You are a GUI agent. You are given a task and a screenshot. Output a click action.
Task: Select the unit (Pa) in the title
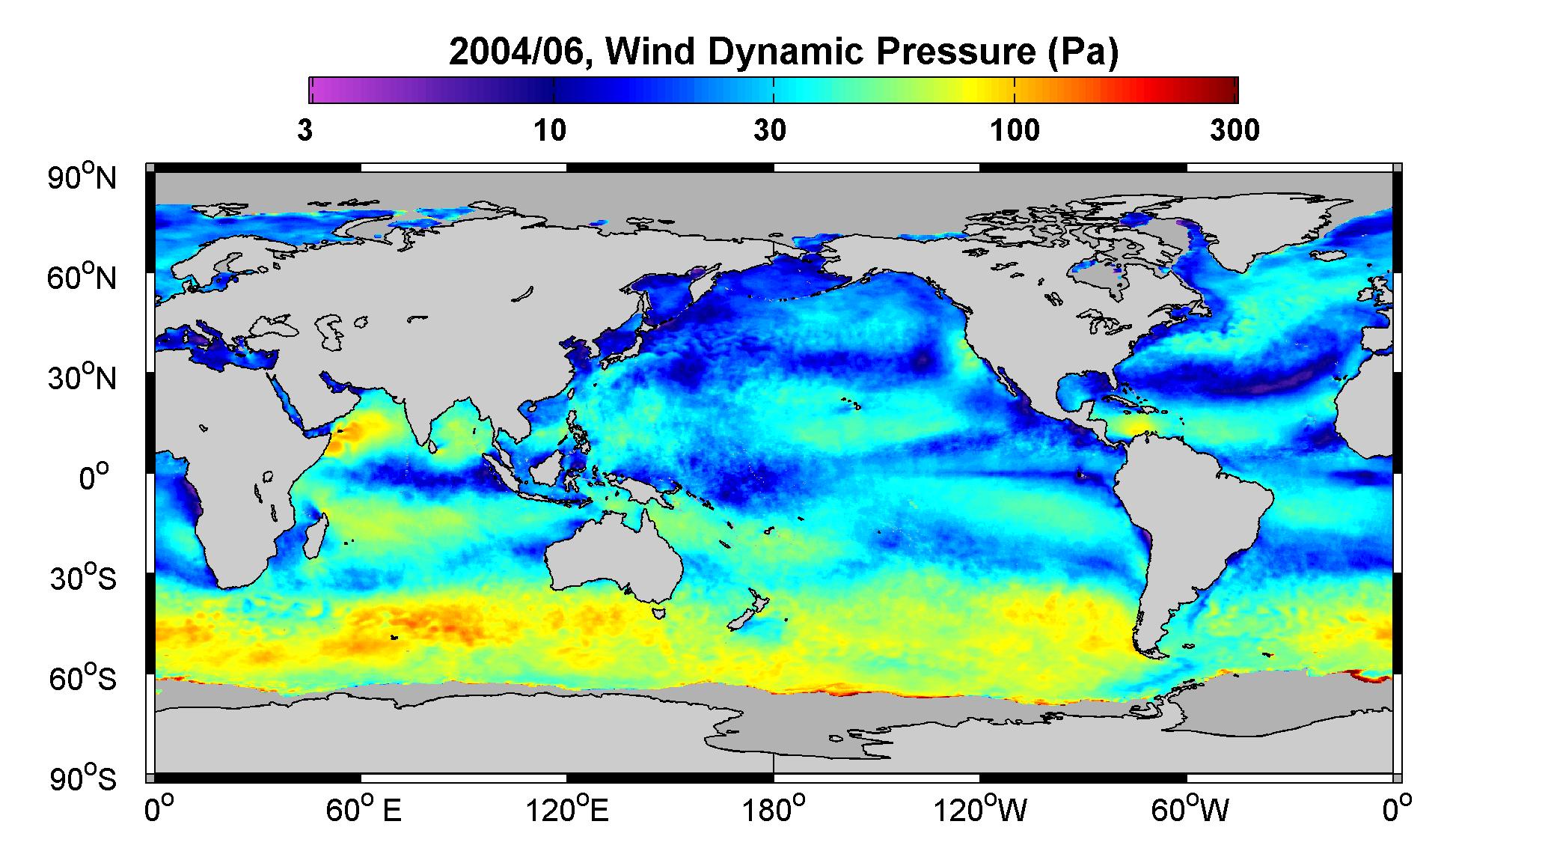coord(1083,53)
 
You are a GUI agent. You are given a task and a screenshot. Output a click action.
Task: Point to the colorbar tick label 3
coord(305,131)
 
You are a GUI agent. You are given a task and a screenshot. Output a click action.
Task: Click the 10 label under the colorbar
coord(550,131)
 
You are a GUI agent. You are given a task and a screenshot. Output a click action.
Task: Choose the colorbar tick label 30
coord(770,131)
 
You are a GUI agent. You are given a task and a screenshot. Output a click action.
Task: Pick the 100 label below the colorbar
coord(1015,131)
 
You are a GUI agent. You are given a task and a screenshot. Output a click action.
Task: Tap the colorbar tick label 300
coord(1235,131)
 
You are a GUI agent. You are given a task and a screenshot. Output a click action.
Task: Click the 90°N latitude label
coord(83,177)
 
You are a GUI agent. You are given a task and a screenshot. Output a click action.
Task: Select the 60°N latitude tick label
coord(83,278)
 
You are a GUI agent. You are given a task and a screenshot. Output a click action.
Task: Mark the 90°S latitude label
coord(83,778)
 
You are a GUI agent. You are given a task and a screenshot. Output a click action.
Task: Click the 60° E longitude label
coord(364,811)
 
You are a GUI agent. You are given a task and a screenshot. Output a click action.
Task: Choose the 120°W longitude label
coord(981,811)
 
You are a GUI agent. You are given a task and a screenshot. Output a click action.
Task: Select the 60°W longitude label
coord(1189,811)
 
